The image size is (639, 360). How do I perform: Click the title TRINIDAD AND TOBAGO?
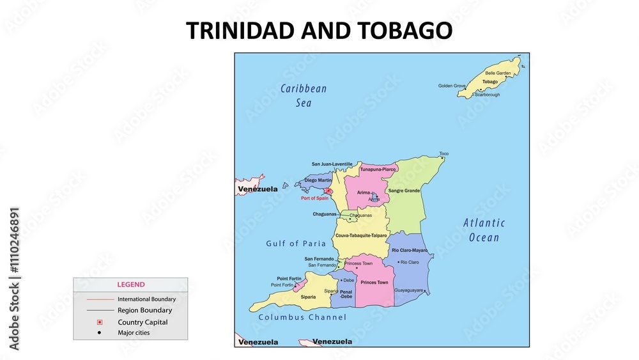[319, 31]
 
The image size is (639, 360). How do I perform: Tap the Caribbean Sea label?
[304, 95]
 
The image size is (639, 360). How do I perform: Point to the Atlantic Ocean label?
[484, 230]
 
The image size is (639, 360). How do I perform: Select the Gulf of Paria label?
[296, 244]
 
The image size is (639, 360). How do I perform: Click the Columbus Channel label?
[302, 317]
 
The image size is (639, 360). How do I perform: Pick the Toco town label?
[443, 153]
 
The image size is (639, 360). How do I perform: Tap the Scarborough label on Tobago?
[487, 95]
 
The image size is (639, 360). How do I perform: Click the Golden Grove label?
[452, 86]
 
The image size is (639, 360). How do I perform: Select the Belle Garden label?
[498, 74]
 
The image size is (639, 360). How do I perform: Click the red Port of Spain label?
[314, 198]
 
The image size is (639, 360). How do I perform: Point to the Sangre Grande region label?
[404, 191]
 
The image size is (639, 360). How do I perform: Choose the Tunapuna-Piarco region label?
[378, 169]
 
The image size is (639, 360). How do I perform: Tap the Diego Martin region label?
[318, 180]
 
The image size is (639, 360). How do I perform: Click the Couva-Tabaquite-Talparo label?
[361, 236]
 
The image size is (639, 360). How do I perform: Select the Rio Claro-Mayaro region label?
[410, 250]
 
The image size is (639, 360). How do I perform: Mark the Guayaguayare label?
[409, 290]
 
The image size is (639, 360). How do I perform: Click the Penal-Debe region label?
[346, 294]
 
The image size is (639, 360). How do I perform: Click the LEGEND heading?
[130, 285]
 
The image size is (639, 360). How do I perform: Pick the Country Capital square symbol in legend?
[99, 322]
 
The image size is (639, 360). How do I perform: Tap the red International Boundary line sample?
[99, 299]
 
